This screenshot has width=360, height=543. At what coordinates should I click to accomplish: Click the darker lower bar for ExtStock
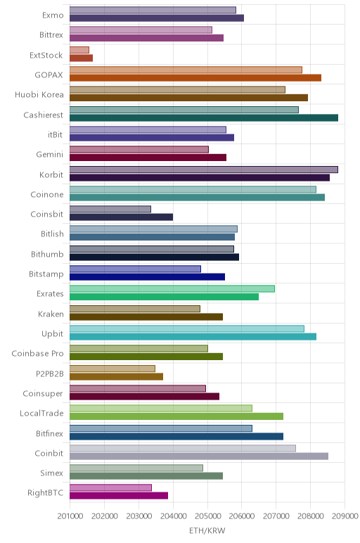tap(81, 58)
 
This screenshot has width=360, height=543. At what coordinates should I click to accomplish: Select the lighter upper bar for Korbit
tap(203, 170)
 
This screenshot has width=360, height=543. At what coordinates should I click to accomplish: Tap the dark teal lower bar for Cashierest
tap(204, 117)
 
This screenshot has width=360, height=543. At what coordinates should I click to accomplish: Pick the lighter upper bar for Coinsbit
tap(110, 209)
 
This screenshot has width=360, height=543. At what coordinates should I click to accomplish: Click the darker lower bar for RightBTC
tap(119, 496)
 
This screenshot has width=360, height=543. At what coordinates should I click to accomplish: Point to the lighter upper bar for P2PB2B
tap(112, 369)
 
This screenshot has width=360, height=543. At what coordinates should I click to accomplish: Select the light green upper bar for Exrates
tap(172, 289)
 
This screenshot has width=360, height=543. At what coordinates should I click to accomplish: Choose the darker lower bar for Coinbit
tap(199, 456)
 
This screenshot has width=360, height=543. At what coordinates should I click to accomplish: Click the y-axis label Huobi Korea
tap(39, 95)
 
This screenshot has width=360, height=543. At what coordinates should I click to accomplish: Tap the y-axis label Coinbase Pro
tap(38, 354)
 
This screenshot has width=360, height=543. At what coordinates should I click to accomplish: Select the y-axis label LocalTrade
tap(41, 413)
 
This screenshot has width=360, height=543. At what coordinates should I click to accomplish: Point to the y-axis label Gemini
tap(50, 155)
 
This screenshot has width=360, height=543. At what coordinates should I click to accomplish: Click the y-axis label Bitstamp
tap(46, 274)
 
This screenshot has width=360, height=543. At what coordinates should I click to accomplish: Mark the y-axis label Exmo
tap(53, 15)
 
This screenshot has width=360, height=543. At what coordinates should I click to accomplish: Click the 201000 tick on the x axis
tap(70, 516)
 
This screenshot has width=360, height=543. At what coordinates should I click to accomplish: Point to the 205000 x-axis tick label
tap(207, 516)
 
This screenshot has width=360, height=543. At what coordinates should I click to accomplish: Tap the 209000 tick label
tap(345, 516)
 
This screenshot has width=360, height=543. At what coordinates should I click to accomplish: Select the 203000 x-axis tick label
tap(139, 516)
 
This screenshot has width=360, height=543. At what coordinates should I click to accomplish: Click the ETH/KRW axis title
tap(207, 530)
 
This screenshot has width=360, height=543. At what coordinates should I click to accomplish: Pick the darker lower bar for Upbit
tap(193, 337)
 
